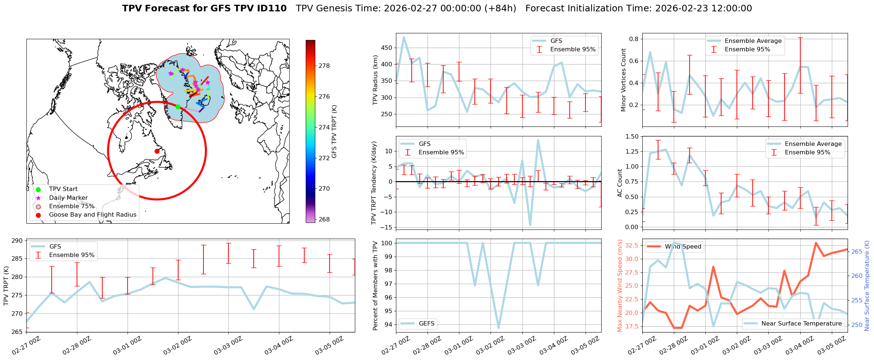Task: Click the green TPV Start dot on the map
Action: [x=178, y=107]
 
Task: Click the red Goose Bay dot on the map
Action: [x=157, y=151]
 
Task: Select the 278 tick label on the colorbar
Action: [x=324, y=66]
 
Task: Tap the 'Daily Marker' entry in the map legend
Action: [x=68, y=198]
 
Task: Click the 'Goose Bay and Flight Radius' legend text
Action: [x=92, y=215]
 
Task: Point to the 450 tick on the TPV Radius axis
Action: [x=386, y=48]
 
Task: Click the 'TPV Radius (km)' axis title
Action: [x=375, y=80]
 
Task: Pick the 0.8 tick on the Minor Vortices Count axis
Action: [x=634, y=39]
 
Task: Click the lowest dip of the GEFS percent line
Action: [x=498, y=327]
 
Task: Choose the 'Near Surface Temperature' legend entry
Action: [x=801, y=324]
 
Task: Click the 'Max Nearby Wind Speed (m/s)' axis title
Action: [x=620, y=285]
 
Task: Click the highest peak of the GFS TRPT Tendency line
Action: [x=538, y=140]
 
